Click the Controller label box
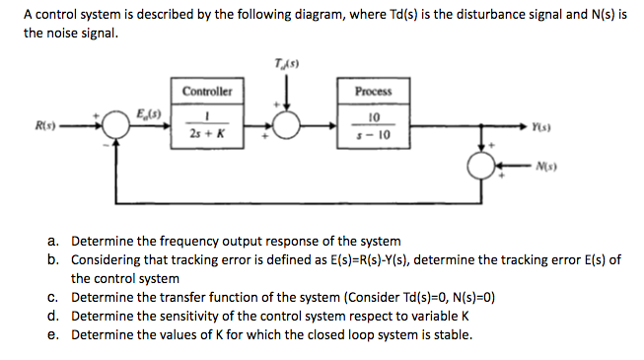207,91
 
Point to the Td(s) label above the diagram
288,64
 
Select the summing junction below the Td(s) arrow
288,126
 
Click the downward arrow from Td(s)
288,97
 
